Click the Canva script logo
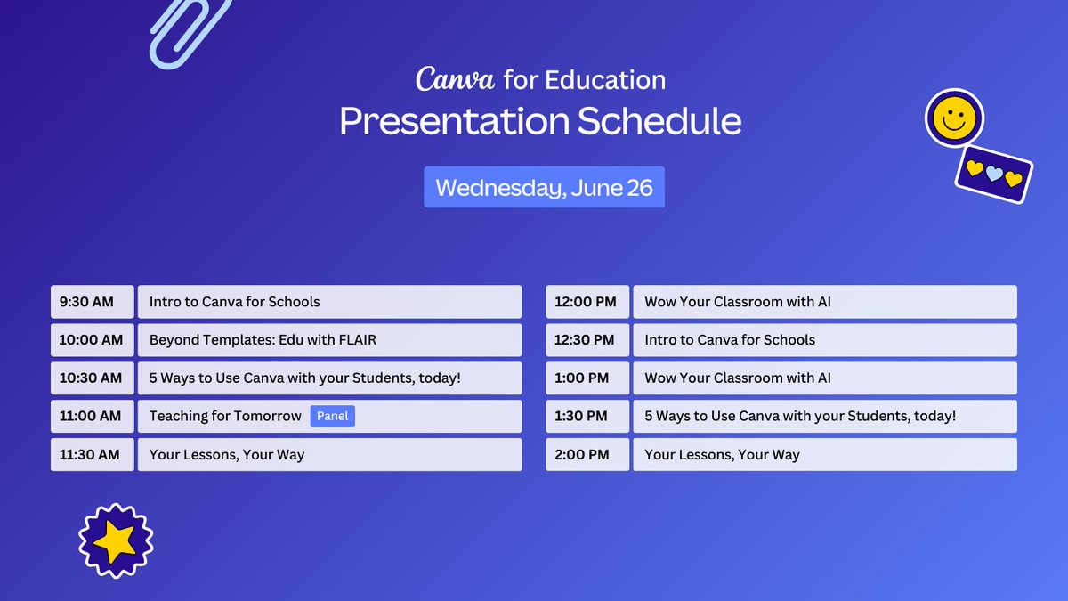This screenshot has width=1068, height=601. (455, 79)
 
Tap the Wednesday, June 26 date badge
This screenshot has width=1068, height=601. (544, 188)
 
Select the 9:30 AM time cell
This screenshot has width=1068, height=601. (92, 302)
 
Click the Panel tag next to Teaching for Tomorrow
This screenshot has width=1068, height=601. (332, 416)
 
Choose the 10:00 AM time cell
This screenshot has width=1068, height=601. (92, 340)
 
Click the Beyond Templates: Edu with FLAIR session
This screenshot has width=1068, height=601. (329, 340)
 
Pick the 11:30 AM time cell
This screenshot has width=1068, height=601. (92, 454)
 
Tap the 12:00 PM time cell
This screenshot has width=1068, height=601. (587, 302)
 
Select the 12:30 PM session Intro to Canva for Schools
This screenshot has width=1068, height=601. (824, 340)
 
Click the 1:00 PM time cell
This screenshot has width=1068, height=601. (587, 378)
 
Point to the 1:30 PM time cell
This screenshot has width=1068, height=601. (587, 416)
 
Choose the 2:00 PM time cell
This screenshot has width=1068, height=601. (587, 454)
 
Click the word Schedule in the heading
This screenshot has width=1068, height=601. (659, 122)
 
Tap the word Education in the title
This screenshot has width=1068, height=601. (605, 80)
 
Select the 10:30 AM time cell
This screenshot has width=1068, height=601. (92, 378)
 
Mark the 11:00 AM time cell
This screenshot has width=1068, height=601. (92, 416)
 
